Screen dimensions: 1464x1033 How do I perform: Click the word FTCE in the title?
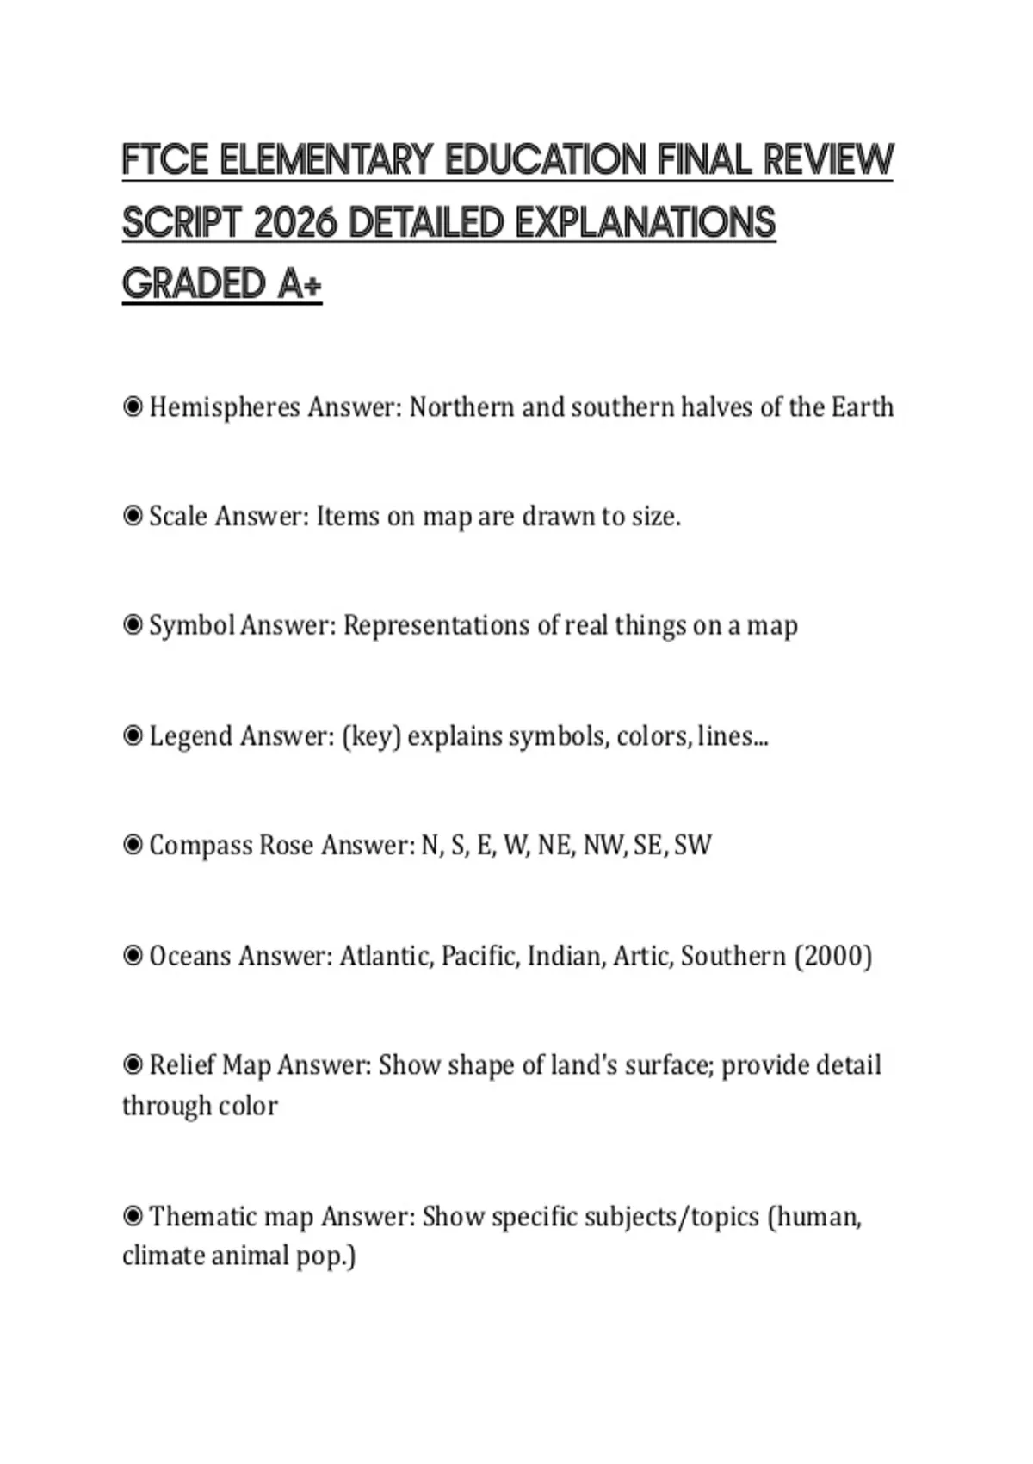tap(165, 160)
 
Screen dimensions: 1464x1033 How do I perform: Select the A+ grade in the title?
tap(299, 284)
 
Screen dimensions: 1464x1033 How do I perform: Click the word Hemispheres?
tap(225, 407)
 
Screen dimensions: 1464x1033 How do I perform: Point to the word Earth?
tap(862, 406)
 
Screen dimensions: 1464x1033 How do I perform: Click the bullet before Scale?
tap(133, 516)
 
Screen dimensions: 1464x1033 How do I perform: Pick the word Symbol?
tap(192, 626)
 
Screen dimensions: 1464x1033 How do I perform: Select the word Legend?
tap(191, 737)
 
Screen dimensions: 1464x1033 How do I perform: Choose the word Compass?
tap(201, 846)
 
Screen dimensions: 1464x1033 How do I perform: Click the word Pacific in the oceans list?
tap(480, 956)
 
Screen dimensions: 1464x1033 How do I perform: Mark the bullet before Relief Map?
tap(133, 1065)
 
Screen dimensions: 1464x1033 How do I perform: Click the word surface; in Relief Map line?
tap(669, 1065)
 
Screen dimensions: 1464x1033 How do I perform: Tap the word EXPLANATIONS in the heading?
tap(645, 223)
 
